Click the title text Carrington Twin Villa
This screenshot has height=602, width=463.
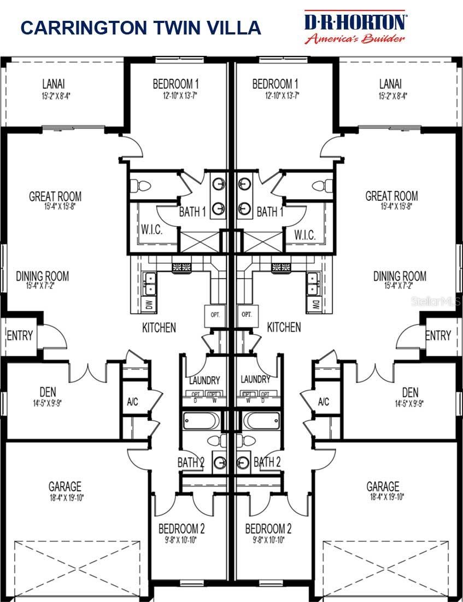(x=140, y=28)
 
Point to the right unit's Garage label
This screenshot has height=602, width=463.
(x=383, y=486)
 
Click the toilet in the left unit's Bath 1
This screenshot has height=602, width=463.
(x=143, y=186)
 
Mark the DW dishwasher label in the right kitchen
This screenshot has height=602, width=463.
(x=315, y=304)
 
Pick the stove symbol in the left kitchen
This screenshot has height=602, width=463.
(x=182, y=268)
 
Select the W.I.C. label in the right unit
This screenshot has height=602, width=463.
(x=304, y=235)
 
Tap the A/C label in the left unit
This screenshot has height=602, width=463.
(x=132, y=402)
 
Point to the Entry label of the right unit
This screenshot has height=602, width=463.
(x=438, y=335)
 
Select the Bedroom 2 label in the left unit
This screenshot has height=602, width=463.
(x=181, y=529)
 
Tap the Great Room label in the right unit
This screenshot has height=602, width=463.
(x=391, y=195)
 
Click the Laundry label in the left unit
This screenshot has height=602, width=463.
(x=204, y=379)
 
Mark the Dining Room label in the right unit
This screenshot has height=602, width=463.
(x=400, y=276)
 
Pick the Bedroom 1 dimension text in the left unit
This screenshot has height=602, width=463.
(x=175, y=96)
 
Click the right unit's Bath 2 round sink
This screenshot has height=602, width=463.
(x=243, y=462)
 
